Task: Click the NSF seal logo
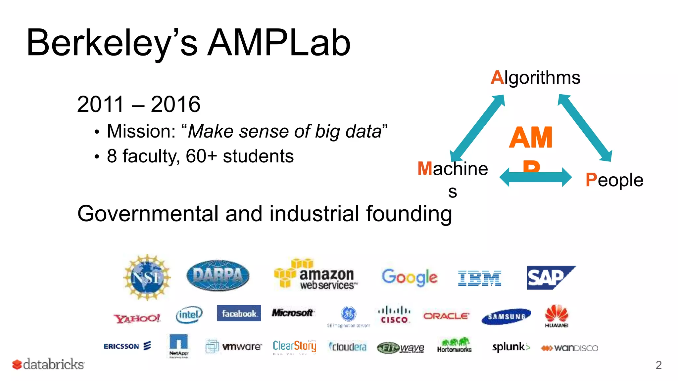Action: (147, 277)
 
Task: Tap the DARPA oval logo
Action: (218, 275)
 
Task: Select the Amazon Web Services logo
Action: (316, 275)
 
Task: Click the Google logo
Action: (410, 277)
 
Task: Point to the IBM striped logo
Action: (479, 278)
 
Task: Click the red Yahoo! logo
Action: (137, 318)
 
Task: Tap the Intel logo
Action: (189, 314)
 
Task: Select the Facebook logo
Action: (239, 313)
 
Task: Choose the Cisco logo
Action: (394, 315)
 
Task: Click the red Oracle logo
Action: (446, 316)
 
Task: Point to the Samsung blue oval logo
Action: (506, 317)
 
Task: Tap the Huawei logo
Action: (557, 316)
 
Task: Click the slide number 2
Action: (658, 365)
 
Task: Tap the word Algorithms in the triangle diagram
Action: (535, 77)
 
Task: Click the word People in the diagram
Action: (614, 180)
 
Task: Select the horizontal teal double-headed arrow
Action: (535, 177)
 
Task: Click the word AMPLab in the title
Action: (279, 43)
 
